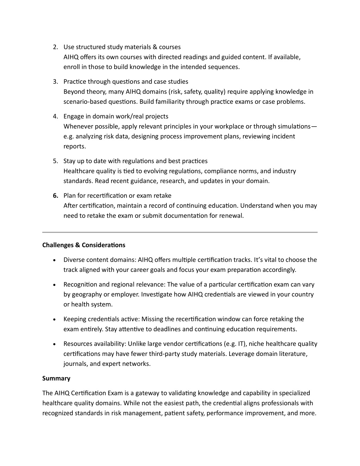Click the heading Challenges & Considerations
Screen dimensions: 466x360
pyautogui.click(x=84, y=245)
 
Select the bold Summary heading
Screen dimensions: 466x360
pyautogui.click(x=56, y=378)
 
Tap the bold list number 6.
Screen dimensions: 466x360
pyautogui.click(x=56, y=196)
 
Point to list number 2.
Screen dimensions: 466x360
pyautogui.click(x=56, y=47)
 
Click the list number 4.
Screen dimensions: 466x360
pyautogui.click(x=56, y=116)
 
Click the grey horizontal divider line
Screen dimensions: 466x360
pyautogui.click(x=180, y=232)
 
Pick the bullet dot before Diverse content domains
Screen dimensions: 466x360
pyautogui.click(x=54, y=260)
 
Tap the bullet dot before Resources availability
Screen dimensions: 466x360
pyautogui.click(x=54, y=344)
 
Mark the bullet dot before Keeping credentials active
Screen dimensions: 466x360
pyautogui.click(x=54, y=319)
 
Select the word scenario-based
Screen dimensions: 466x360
pyautogui.click(x=83, y=102)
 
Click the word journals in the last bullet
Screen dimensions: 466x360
pyautogui.click(x=75, y=364)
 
